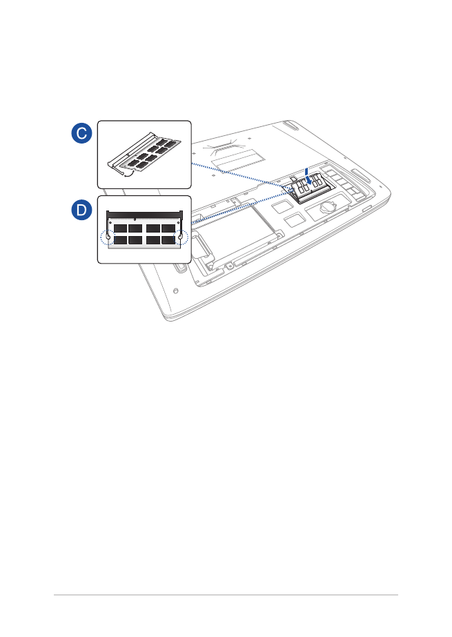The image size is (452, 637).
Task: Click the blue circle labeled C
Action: coord(81,133)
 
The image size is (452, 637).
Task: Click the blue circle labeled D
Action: coord(81,210)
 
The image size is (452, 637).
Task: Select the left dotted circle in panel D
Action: coord(108,237)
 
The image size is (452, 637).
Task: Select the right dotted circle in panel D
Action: coord(181,237)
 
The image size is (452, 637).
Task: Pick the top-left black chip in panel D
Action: coord(121,228)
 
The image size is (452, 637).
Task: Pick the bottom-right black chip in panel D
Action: coord(168,240)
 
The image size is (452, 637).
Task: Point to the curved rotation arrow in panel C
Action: coord(129,175)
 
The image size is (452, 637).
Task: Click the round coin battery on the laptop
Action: coord(326,207)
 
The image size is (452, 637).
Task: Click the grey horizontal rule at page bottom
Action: coord(226,595)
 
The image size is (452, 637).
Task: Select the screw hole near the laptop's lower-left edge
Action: coord(175,291)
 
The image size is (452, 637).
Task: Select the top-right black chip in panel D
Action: coord(168,228)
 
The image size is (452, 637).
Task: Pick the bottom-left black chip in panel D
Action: coord(121,240)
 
